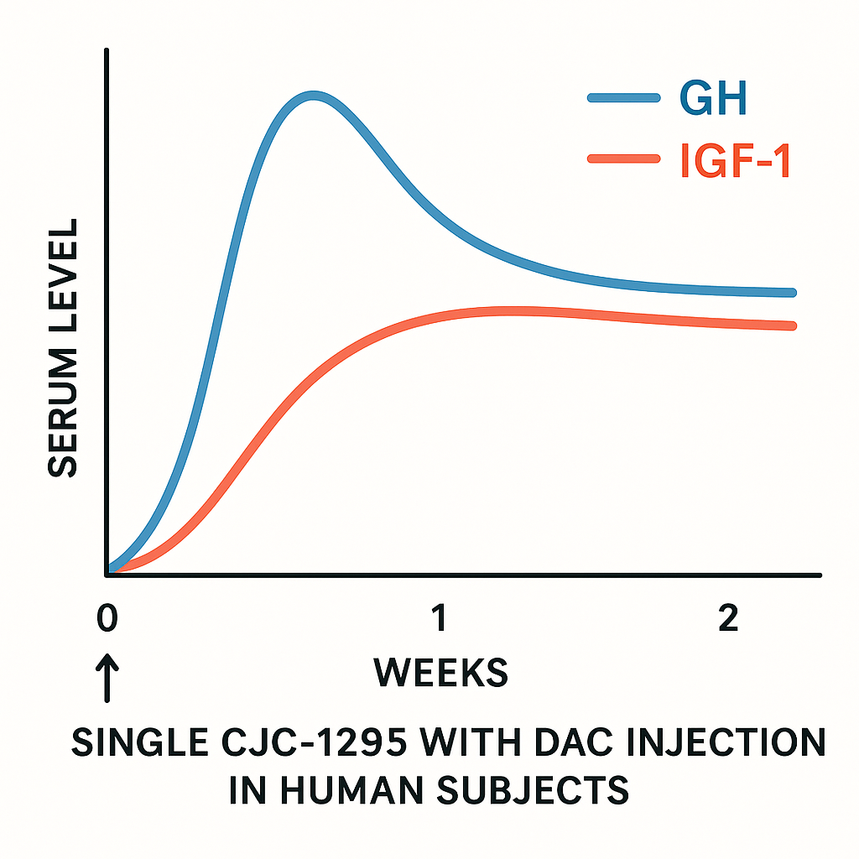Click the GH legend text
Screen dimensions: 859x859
click(712, 99)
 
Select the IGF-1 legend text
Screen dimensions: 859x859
click(734, 162)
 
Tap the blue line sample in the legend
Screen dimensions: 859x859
click(622, 98)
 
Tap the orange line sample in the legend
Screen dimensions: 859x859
click(622, 159)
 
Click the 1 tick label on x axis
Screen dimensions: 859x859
click(437, 619)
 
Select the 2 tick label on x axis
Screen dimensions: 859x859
click(728, 619)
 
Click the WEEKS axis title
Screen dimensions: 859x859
click(440, 673)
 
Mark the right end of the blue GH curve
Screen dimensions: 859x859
click(792, 293)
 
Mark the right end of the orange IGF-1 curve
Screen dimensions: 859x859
click(792, 325)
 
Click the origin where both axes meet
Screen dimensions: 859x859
click(107, 574)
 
